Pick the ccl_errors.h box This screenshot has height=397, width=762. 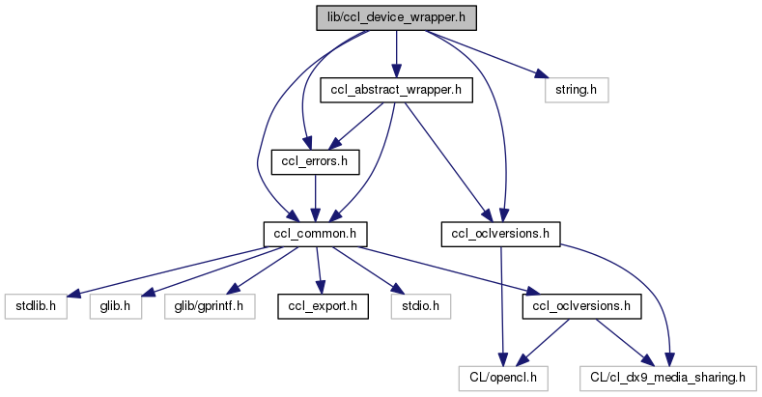coord(309,161)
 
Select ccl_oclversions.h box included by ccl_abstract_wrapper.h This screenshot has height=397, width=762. coord(501,233)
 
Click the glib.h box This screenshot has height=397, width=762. coord(115,306)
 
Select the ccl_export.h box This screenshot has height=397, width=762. coord(319,306)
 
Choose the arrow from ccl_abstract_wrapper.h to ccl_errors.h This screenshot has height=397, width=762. coord(353,126)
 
